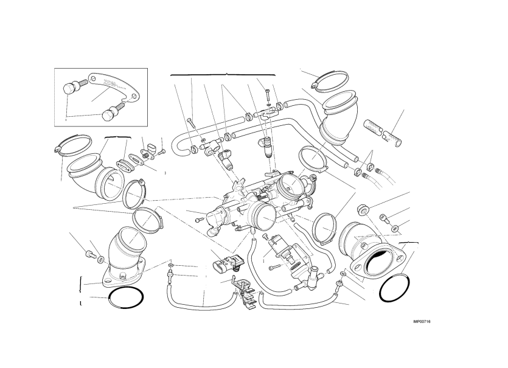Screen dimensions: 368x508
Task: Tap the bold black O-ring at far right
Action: tap(392, 288)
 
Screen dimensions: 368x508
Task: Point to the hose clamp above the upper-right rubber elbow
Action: tap(332, 78)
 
